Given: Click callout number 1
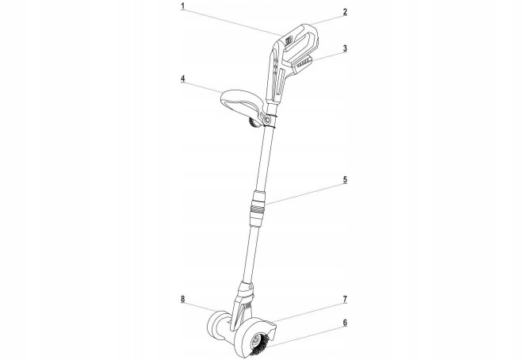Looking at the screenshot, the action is point(183,6).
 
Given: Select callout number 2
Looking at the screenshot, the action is point(345,12).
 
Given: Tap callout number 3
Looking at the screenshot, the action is point(345,48).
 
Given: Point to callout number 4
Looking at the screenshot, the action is point(183,79).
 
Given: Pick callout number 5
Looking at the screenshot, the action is point(345,179).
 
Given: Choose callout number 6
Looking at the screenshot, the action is point(345,323).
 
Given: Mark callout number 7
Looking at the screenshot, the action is point(345,299).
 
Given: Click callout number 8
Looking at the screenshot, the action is point(183,299).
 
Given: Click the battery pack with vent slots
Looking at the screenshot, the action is point(303,64).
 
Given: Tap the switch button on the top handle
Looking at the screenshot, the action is point(289,40).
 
